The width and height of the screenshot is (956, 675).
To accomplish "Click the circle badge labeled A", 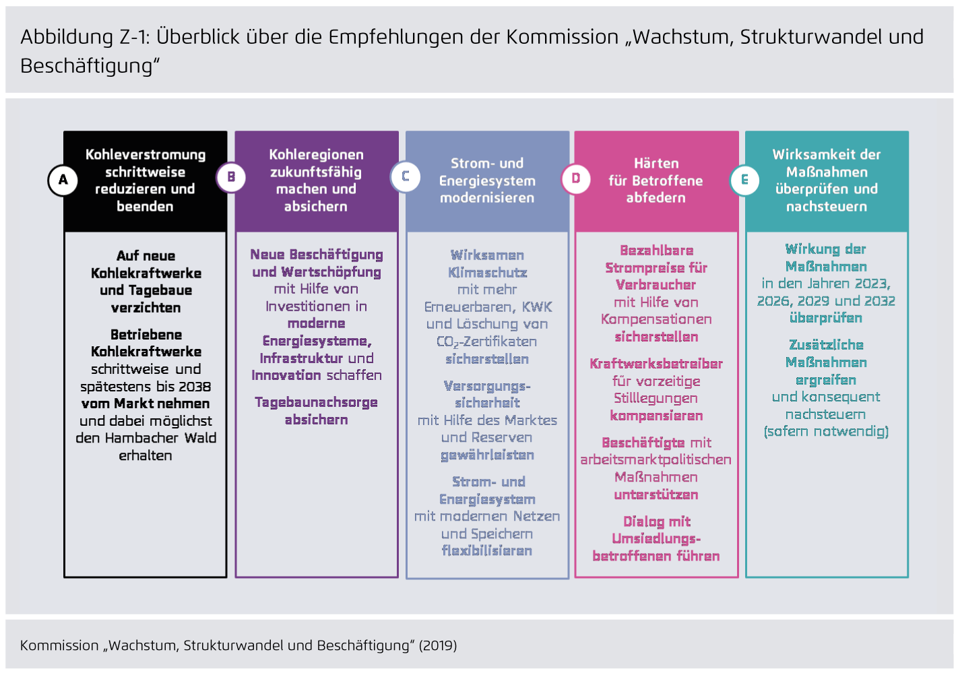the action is click(x=63, y=180).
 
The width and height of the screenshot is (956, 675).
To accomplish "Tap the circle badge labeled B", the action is click(x=231, y=177).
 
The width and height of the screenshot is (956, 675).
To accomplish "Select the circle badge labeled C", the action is click(x=406, y=176).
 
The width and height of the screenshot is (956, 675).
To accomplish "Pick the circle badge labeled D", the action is click(x=576, y=179).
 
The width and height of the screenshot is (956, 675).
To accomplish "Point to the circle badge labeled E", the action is click(x=744, y=180).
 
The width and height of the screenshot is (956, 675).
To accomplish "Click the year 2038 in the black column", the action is click(x=195, y=387).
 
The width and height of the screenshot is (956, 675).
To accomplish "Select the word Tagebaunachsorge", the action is click(x=316, y=402).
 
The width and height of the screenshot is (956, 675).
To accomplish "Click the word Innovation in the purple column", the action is click(x=286, y=375).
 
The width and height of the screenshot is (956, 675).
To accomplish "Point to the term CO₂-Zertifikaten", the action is click(x=487, y=342).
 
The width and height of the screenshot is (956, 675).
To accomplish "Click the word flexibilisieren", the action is click(x=487, y=551).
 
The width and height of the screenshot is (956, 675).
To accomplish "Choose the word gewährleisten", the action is click(x=487, y=455).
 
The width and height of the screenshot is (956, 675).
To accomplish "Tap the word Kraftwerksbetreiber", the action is click(x=656, y=364).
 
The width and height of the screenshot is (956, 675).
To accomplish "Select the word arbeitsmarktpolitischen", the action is click(x=656, y=460).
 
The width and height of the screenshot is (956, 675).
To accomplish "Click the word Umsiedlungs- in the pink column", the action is click(x=656, y=539).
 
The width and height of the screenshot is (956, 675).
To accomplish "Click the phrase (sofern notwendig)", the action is click(x=826, y=431).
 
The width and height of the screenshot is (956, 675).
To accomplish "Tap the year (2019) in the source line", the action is click(x=438, y=645).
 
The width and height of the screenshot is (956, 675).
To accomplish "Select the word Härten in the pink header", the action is click(x=656, y=164).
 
